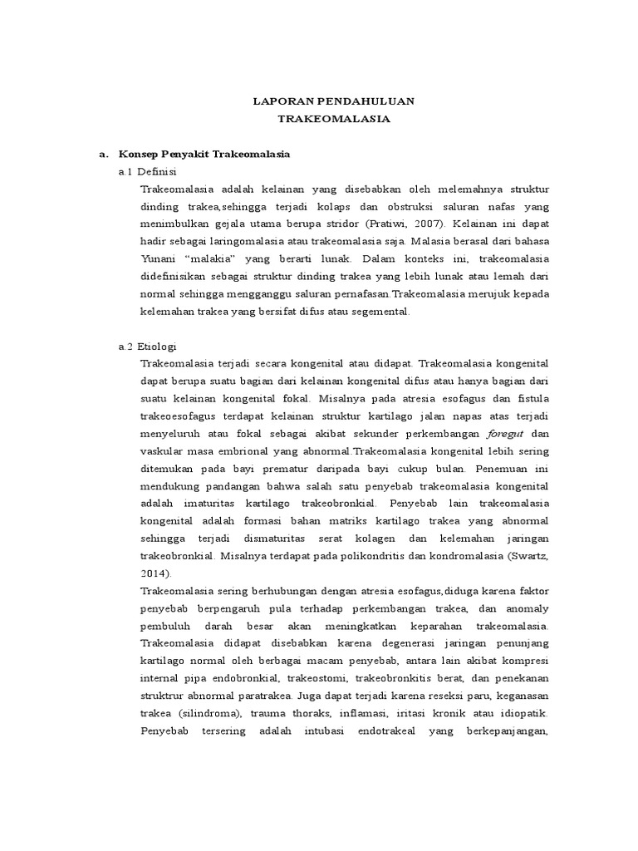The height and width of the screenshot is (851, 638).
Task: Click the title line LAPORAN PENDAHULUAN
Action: tap(333, 101)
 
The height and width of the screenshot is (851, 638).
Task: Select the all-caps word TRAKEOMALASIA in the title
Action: tap(333, 120)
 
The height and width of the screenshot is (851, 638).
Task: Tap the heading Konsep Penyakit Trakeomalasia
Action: tap(204, 155)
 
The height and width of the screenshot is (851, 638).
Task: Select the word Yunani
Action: tap(160, 258)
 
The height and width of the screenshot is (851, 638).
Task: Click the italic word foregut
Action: tap(506, 434)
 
